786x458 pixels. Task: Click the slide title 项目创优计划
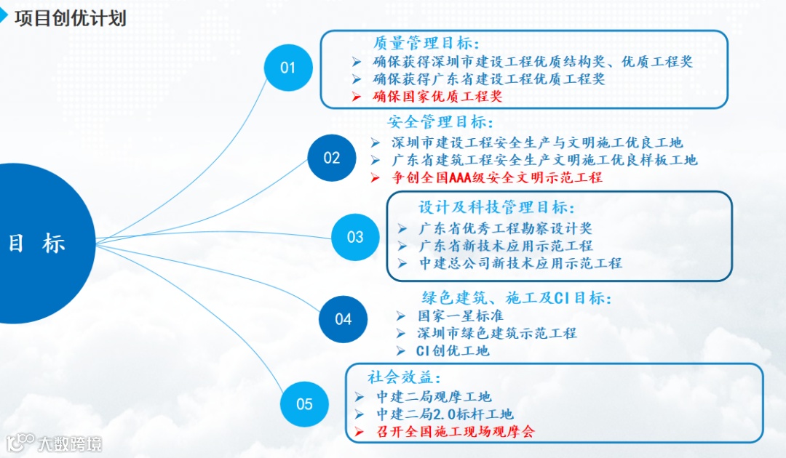point(70,18)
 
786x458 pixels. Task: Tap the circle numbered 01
point(288,68)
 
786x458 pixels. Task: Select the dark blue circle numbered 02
point(332,158)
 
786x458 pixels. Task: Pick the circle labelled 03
point(355,237)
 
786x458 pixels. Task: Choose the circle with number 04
point(344,318)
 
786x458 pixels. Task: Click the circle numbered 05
point(304,404)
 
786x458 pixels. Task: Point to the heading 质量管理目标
point(426,44)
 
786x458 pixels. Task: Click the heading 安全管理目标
point(440,121)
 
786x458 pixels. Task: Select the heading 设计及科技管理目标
point(497,208)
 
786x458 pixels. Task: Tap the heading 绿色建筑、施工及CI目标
point(517,298)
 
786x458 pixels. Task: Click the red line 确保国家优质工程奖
point(437,96)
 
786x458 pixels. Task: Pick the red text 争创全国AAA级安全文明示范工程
point(497,177)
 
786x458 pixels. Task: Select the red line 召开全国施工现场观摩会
point(455,432)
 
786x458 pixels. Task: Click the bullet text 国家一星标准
point(460,316)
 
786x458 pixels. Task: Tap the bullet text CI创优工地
point(453,351)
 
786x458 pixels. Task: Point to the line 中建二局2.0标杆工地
point(445,414)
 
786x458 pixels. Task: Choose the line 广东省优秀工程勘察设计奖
point(506,228)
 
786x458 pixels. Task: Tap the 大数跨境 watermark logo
point(55,443)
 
